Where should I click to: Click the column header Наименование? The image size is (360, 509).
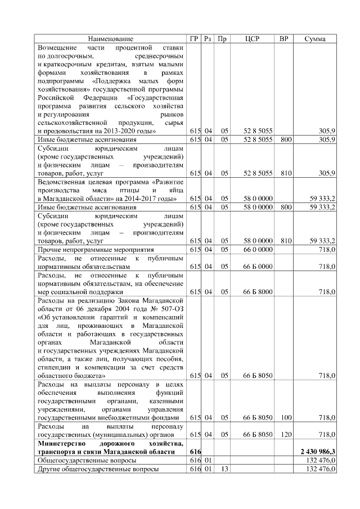[x=111, y=39]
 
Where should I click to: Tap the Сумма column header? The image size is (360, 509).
[x=316, y=39]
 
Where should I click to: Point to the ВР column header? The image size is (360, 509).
[x=284, y=39]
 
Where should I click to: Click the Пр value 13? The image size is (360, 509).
[x=223, y=468]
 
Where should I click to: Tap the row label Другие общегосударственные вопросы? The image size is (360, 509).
[x=97, y=468]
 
